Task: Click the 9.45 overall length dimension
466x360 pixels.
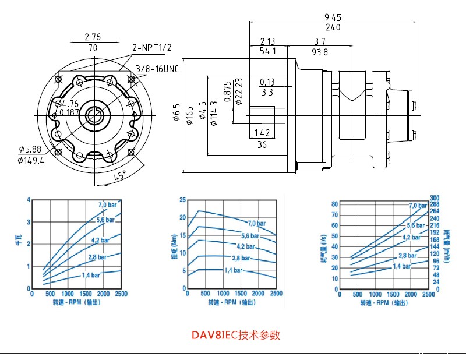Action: click(x=333, y=17)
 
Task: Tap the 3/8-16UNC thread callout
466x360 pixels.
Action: click(x=156, y=69)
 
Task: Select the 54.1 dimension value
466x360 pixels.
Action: click(x=267, y=52)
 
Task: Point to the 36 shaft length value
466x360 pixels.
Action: click(x=262, y=144)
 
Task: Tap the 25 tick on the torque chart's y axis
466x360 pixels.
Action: click(x=182, y=200)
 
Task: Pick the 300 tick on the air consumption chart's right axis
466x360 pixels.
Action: click(x=434, y=198)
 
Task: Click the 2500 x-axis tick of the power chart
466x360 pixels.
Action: click(x=121, y=294)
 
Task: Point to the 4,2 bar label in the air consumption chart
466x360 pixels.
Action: click(x=411, y=237)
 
